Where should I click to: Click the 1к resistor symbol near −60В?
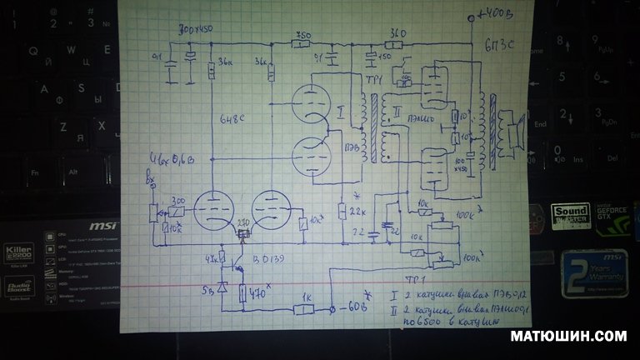pyautogui.click(x=305, y=309)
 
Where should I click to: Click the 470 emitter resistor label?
pyautogui.click(x=257, y=292)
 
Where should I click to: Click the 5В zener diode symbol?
pyautogui.click(x=223, y=285)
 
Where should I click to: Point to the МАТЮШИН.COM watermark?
pyautogui.click(x=569, y=337)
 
